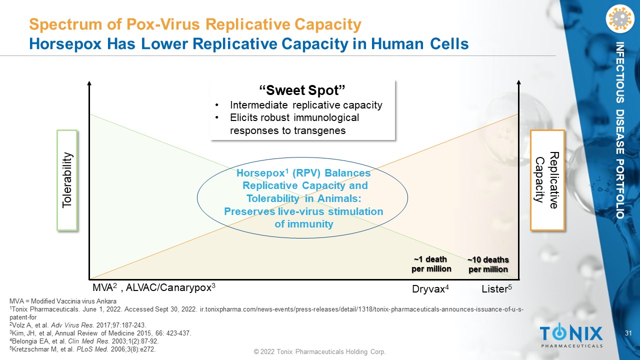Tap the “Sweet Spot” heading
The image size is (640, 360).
(x=302, y=90)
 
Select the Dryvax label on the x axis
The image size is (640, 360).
(x=430, y=289)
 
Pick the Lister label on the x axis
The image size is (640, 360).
(x=496, y=289)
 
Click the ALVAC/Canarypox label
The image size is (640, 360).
(x=170, y=287)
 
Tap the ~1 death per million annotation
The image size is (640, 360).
(x=431, y=264)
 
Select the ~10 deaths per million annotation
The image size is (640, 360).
(x=488, y=264)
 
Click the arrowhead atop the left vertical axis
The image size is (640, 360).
(x=89, y=83)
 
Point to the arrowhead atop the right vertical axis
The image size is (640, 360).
(x=519, y=82)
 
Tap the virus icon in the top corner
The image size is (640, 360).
(x=620, y=18)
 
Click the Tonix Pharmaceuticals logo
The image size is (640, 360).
(x=571, y=335)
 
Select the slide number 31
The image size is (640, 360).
(x=628, y=333)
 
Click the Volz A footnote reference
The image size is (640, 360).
(x=78, y=325)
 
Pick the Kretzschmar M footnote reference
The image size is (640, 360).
(x=82, y=349)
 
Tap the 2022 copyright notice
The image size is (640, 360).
(x=319, y=351)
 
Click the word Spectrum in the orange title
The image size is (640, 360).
(x=65, y=24)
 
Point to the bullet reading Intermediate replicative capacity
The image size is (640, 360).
(x=306, y=105)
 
